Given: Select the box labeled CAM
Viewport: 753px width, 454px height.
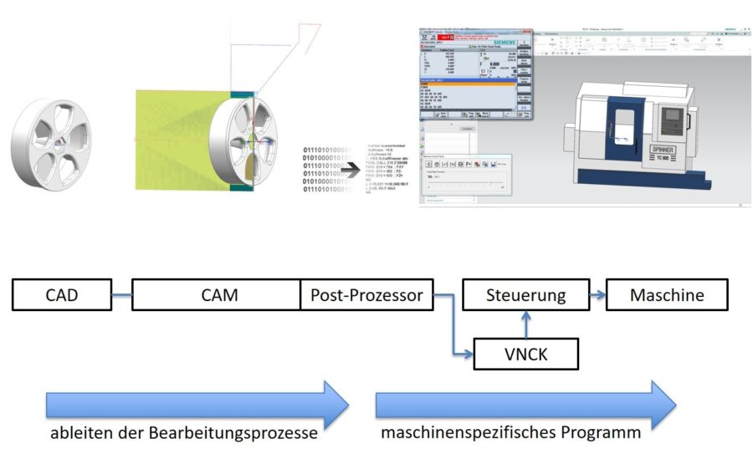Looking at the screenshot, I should click(219, 295).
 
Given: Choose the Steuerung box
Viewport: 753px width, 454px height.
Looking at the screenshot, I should click(525, 295).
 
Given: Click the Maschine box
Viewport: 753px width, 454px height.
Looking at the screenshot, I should click(667, 295).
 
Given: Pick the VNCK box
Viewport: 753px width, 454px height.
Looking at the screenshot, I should click(525, 354).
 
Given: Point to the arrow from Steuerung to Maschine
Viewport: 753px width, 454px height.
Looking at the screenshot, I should click(597, 295).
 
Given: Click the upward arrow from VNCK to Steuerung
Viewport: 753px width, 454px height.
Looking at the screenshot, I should click(525, 323).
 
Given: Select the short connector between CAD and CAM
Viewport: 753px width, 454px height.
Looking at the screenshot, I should click(121, 295).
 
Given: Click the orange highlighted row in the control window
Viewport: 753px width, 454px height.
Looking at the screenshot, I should click(474, 84).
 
